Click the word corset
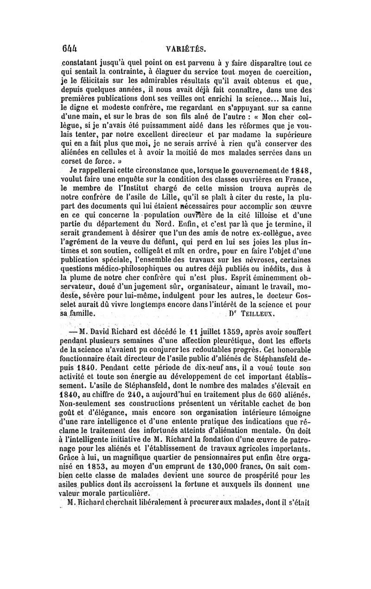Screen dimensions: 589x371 tap(73, 161)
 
